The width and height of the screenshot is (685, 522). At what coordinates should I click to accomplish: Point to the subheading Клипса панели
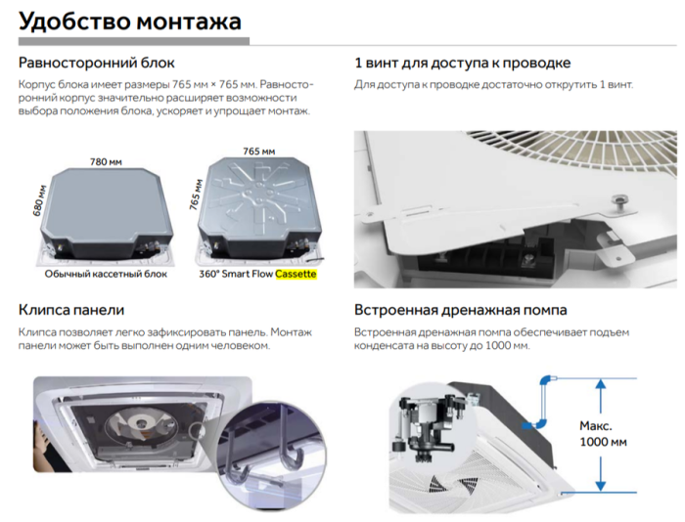tap(71, 310)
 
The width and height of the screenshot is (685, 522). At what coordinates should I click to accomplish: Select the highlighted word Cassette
tap(297, 275)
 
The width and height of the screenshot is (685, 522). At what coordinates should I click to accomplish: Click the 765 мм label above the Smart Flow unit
tap(258, 152)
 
